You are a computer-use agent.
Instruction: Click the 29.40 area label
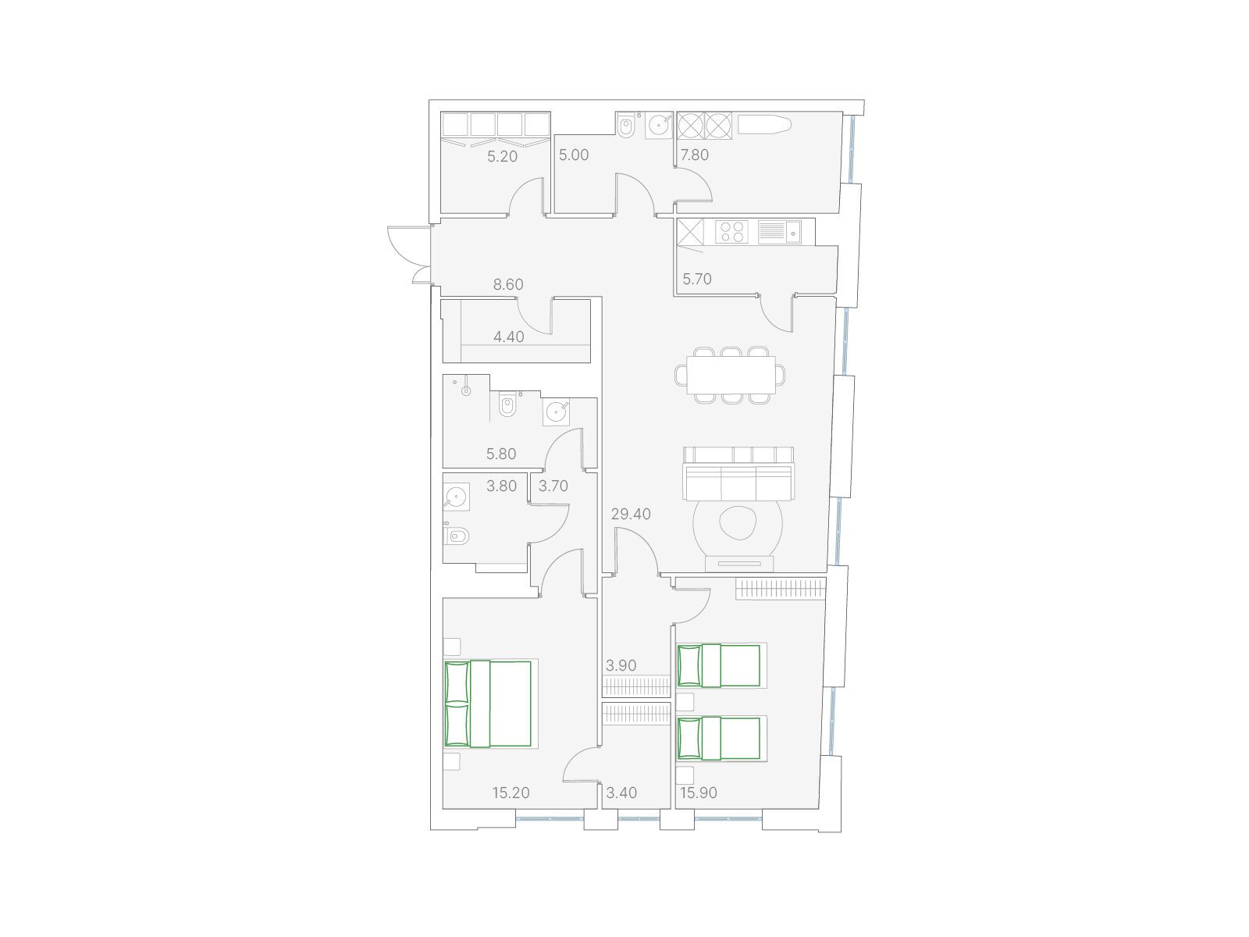(631, 514)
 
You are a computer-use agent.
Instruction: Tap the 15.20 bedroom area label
(511, 793)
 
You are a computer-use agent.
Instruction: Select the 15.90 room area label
(698, 793)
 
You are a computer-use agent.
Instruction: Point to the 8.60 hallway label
(508, 284)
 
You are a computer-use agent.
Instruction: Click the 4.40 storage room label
(509, 337)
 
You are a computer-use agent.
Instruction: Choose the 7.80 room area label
(695, 155)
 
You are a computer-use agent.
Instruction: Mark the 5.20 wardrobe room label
(503, 156)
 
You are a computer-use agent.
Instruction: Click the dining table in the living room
(731, 375)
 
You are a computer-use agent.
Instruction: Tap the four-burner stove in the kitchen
(731, 232)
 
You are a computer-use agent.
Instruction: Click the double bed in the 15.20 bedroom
(488, 704)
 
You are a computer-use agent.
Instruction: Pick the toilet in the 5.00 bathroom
(625, 126)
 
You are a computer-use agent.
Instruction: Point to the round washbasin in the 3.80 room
(456, 497)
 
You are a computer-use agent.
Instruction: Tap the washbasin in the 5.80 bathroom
(556, 412)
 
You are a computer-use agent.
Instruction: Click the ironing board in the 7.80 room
(764, 125)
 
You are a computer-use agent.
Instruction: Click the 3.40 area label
(621, 793)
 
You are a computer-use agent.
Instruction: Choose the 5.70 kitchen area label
(697, 279)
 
